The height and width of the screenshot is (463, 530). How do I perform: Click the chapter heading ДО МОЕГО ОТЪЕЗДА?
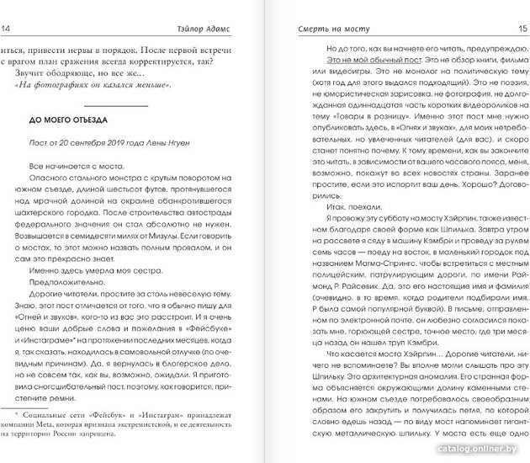67,120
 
